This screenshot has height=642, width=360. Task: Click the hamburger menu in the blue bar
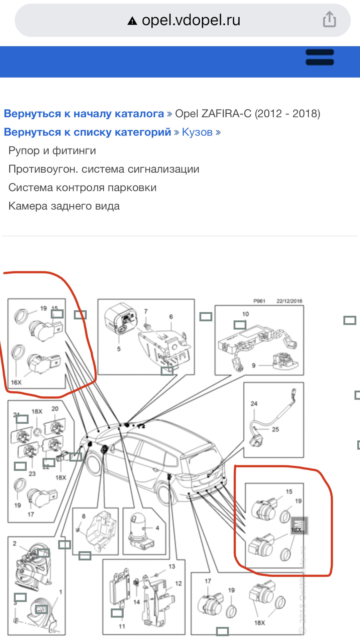pos(320,57)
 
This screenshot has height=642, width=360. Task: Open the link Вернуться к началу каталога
pos(84,114)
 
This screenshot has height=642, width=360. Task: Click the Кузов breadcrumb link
pos(197,132)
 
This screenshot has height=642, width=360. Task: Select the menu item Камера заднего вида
pos(64,206)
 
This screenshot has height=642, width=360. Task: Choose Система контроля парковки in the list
pos(82,188)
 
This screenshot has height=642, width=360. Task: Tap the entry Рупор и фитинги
pos(52,151)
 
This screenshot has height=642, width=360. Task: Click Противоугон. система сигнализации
pos(104,169)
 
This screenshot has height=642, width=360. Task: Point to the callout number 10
pos(245,314)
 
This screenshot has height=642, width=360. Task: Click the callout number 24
pos(254,404)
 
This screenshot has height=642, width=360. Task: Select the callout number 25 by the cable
pos(275,429)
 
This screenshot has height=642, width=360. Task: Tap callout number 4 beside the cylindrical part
pos(157,528)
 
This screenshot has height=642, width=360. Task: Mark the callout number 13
pos(171,566)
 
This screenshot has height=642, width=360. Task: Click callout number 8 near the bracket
pos(84,516)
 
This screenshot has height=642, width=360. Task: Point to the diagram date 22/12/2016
pos(289,301)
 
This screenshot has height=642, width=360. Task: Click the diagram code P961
pos(259,301)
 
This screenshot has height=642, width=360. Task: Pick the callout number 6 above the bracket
pos(171,317)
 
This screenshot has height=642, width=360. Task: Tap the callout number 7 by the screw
pos(146,311)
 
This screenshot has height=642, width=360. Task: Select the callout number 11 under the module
pos(122,626)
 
